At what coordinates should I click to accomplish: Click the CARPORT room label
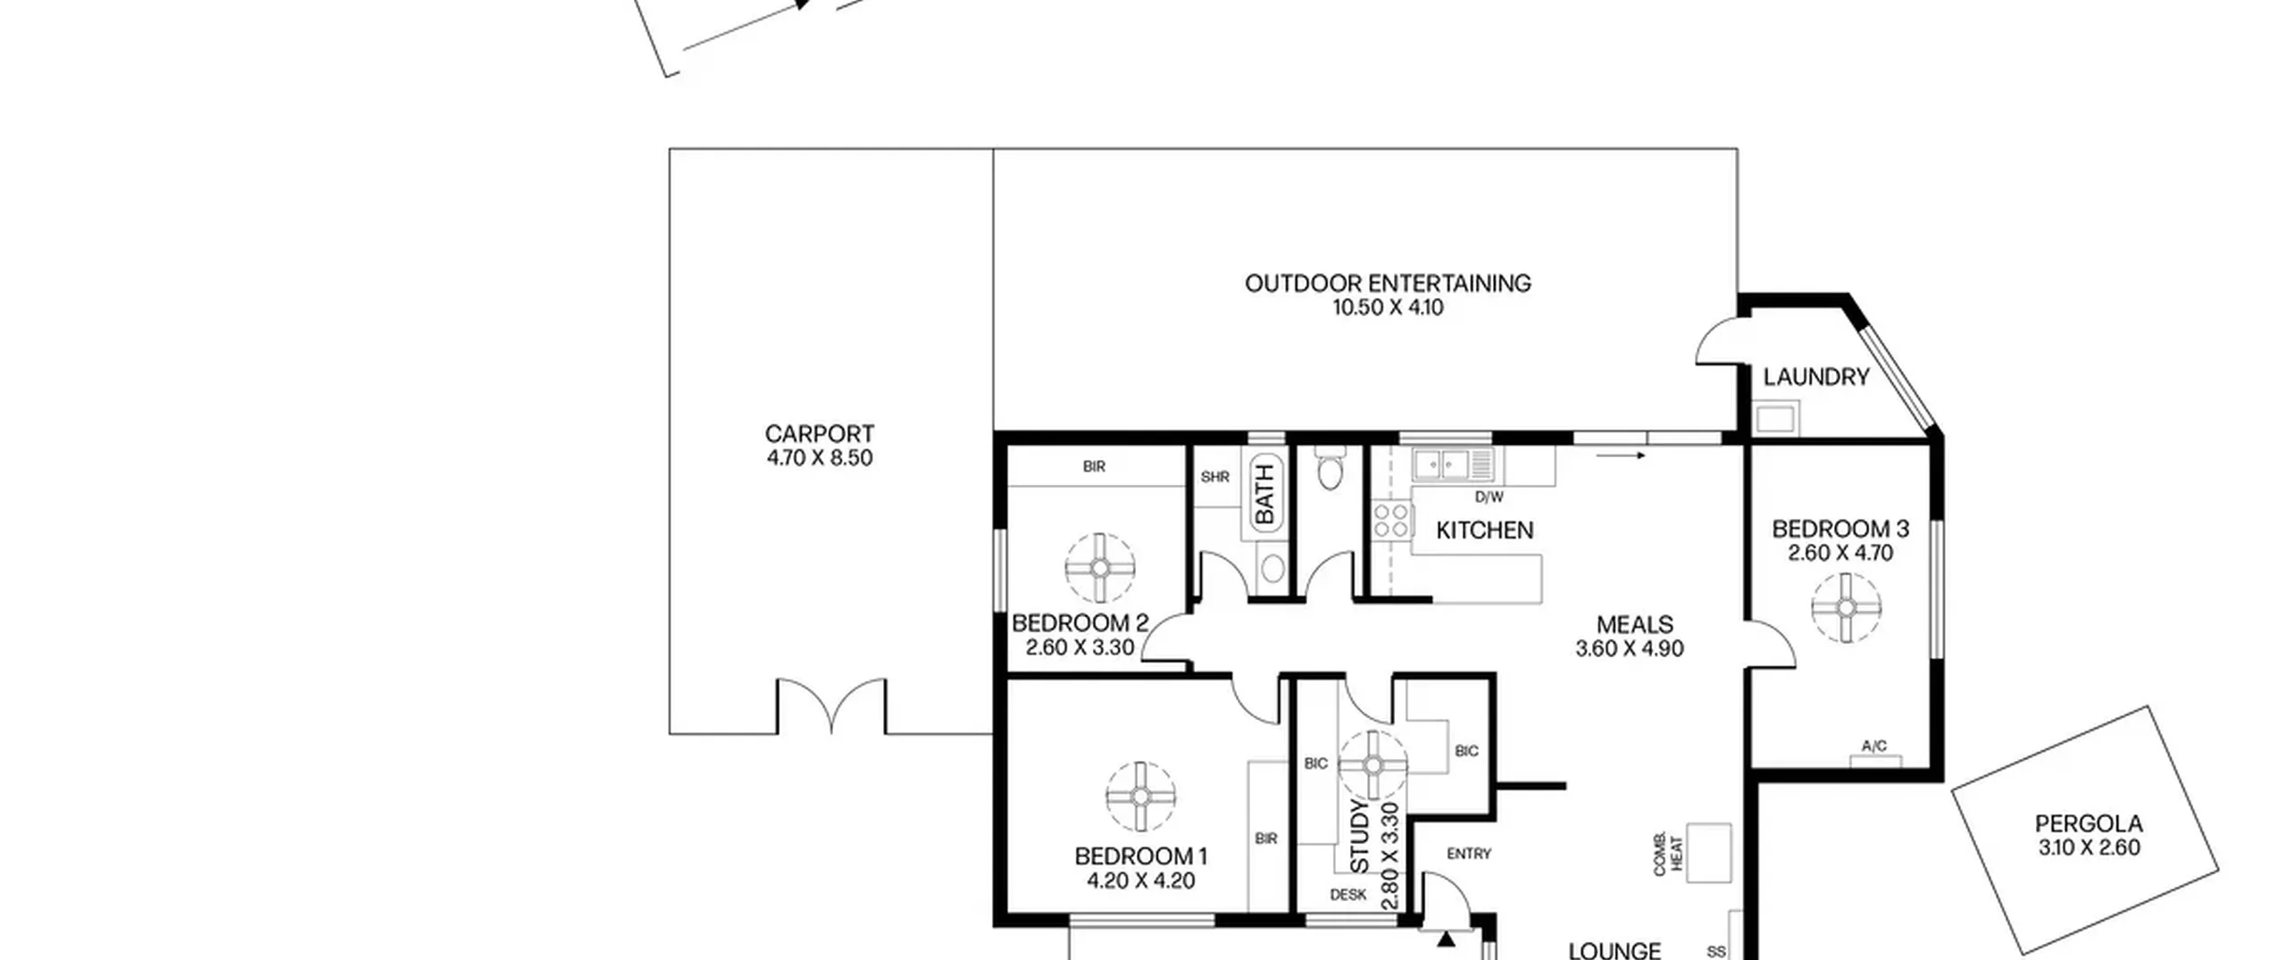pyautogui.click(x=819, y=434)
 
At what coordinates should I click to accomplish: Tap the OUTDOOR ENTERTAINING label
pyautogui.click(x=1388, y=283)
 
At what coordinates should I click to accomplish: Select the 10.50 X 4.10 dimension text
pyautogui.click(x=1388, y=307)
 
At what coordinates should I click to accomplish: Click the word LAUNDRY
pyautogui.click(x=1815, y=377)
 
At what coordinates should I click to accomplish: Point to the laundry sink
pyautogui.click(x=1775, y=418)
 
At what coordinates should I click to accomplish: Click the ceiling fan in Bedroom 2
pyautogui.click(x=1099, y=568)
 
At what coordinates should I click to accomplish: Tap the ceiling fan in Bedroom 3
pyautogui.click(x=1846, y=607)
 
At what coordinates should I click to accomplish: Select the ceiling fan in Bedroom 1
pyautogui.click(x=1140, y=797)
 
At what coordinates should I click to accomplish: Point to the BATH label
pyautogui.click(x=1264, y=495)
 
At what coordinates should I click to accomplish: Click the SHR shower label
pyautogui.click(x=1215, y=477)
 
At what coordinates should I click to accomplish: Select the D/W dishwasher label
pyautogui.click(x=1489, y=497)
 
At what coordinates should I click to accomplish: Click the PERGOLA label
pyautogui.click(x=2089, y=823)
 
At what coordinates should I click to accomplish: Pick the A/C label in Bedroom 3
pyautogui.click(x=1874, y=746)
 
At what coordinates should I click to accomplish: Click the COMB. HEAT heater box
pyautogui.click(x=1708, y=853)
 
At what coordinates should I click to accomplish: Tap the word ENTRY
pyautogui.click(x=1469, y=854)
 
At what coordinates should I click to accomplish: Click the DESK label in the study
pyautogui.click(x=1347, y=894)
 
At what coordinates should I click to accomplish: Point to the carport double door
pyautogui.click(x=831, y=706)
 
